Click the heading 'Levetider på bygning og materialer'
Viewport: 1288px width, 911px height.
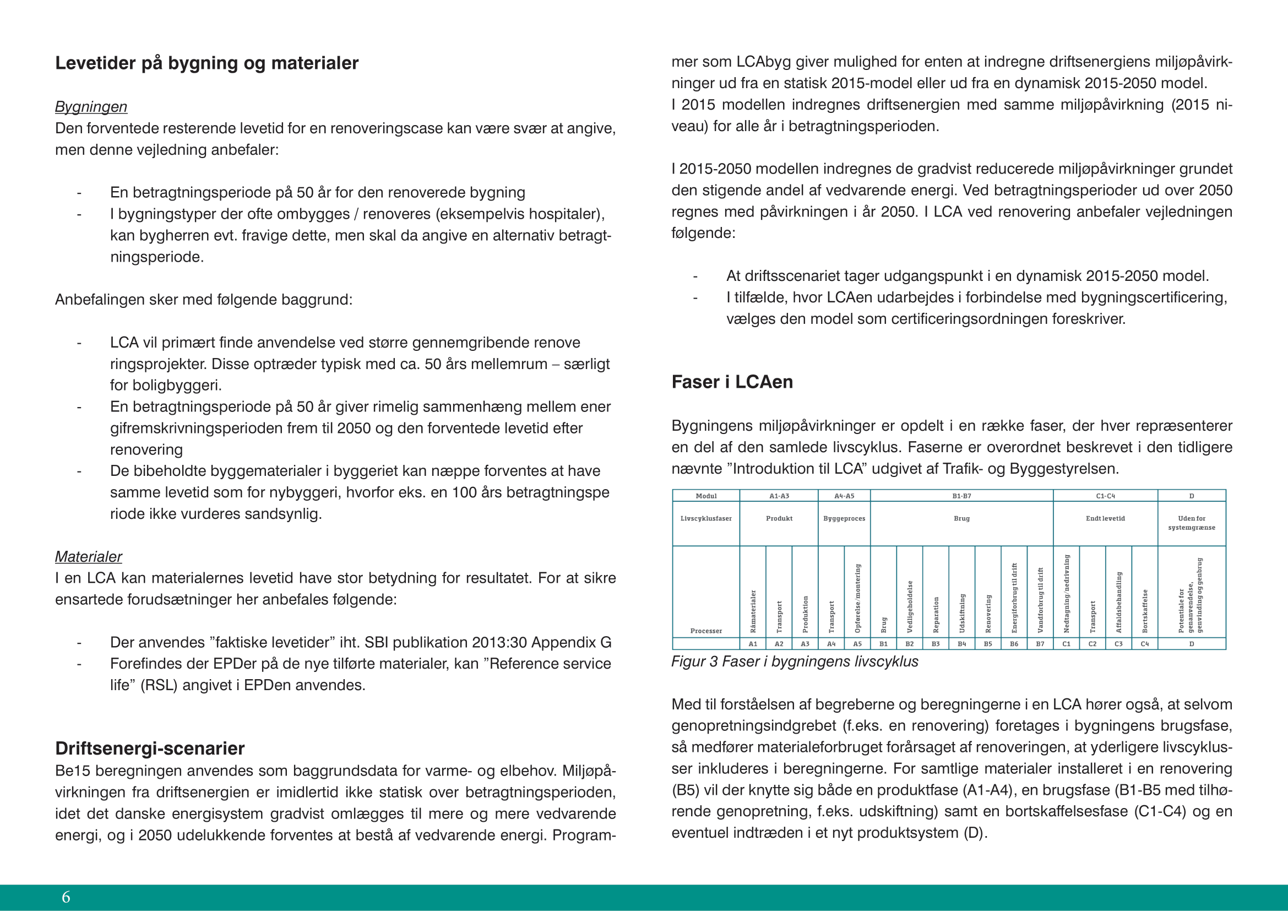[x=206, y=63]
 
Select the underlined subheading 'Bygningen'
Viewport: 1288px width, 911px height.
[x=91, y=107]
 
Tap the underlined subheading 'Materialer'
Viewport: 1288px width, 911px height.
[x=88, y=556]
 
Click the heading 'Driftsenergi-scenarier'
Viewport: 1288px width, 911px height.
[x=150, y=749]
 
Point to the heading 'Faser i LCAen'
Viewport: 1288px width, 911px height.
[x=732, y=382]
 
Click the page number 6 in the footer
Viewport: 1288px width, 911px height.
[x=66, y=897]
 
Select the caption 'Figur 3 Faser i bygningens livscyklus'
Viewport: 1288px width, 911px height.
[x=795, y=661]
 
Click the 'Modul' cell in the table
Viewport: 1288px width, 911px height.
[x=706, y=496]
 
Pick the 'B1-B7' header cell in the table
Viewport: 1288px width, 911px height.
[x=961, y=496]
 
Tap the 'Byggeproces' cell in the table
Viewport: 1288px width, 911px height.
[x=844, y=518]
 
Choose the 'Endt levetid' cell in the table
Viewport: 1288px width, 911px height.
[x=1105, y=518]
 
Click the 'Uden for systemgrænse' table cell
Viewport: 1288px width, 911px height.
[x=1192, y=523]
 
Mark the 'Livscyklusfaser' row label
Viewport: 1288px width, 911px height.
[x=706, y=518]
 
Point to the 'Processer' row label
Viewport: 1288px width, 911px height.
[x=706, y=631]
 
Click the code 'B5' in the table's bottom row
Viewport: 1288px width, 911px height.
[x=988, y=644]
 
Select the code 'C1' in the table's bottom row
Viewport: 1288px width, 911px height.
[x=1067, y=644]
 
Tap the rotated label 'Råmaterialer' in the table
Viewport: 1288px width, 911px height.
[x=753, y=611]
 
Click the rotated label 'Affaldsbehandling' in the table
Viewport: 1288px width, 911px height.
[x=1118, y=602]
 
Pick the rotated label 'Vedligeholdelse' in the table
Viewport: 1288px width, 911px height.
[x=910, y=606]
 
